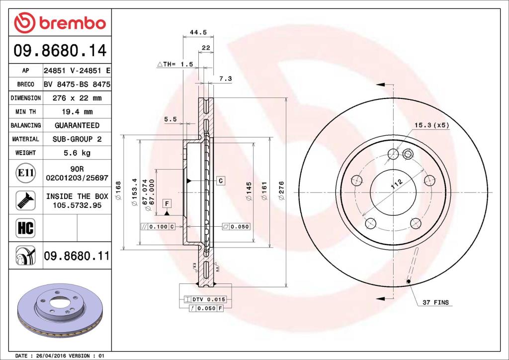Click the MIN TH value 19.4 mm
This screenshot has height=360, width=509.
point(77,112)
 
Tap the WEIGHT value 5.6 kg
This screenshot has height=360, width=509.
point(77,153)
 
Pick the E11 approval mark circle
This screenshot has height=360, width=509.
point(25,173)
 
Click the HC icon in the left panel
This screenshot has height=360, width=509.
point(25,228)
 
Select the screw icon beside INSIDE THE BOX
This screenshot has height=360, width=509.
point(25,200)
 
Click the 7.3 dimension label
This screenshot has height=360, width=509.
point(225,79)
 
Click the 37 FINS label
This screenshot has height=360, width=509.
point(435,302)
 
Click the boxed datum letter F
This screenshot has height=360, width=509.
point(167,203)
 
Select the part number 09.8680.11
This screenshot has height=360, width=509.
point(77,256)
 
